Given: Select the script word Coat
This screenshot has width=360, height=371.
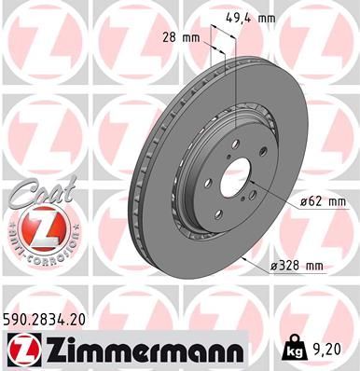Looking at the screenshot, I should point(32,192).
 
